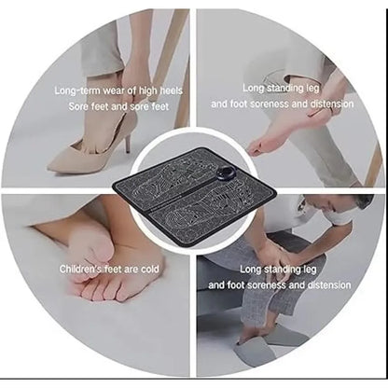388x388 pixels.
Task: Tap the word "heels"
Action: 171,90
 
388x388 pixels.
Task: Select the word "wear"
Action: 115,90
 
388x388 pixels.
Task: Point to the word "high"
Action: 147,90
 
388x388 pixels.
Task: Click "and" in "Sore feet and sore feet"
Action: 119,106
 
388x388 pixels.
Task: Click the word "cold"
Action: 149,269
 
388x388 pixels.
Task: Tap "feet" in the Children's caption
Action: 113,269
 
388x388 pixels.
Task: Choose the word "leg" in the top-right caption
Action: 312,89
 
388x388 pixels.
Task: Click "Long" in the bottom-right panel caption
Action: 250,269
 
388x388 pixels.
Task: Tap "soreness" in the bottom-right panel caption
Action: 266,285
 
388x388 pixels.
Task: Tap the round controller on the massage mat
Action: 227,173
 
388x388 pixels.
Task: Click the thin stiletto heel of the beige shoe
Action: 128,142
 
